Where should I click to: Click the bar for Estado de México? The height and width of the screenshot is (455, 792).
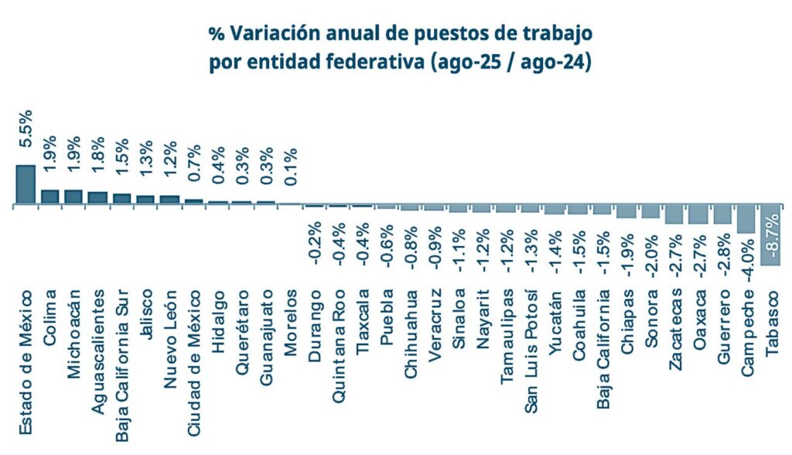tap(26, 185)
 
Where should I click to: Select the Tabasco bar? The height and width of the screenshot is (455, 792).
tap(770, 235)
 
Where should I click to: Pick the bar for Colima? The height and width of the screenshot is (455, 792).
tap(49, 197)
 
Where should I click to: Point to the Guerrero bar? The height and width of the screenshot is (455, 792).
tap(722, 214)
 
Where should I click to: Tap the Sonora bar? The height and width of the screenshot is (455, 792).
tap(650, 212)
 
